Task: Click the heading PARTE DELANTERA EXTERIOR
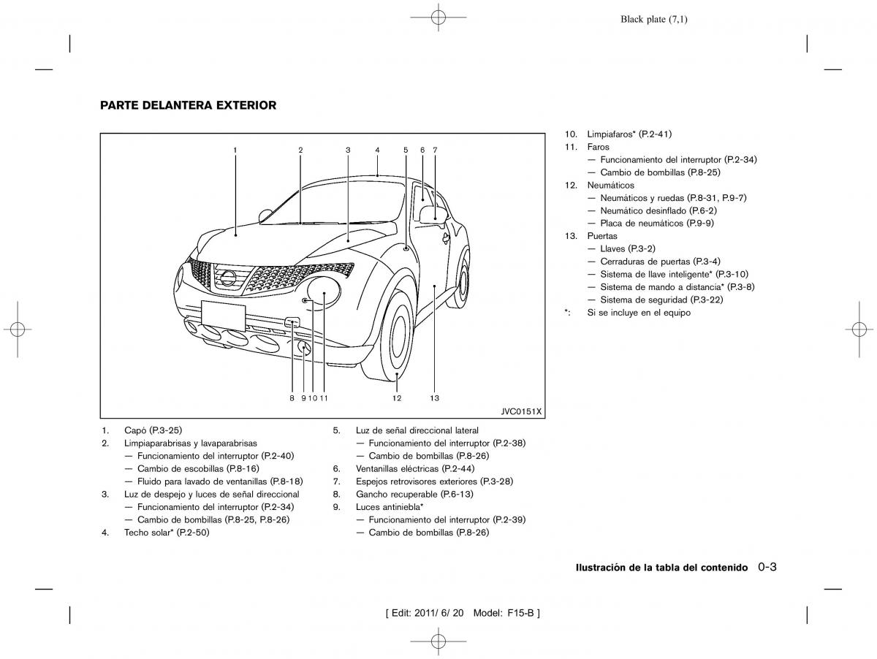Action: click(188, 105)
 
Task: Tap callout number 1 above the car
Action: click(235, 150)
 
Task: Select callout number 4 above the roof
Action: click(377, 150)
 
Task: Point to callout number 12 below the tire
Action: click(396, 398)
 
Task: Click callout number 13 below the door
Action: click(434, 398)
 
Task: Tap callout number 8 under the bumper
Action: click(291, 398)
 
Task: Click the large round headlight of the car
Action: click(323, 291)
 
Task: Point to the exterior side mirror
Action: click(433, 213)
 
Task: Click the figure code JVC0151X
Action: click(521, 411)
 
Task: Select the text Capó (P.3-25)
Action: click(153, 430)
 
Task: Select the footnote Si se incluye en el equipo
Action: click(638, 313)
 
